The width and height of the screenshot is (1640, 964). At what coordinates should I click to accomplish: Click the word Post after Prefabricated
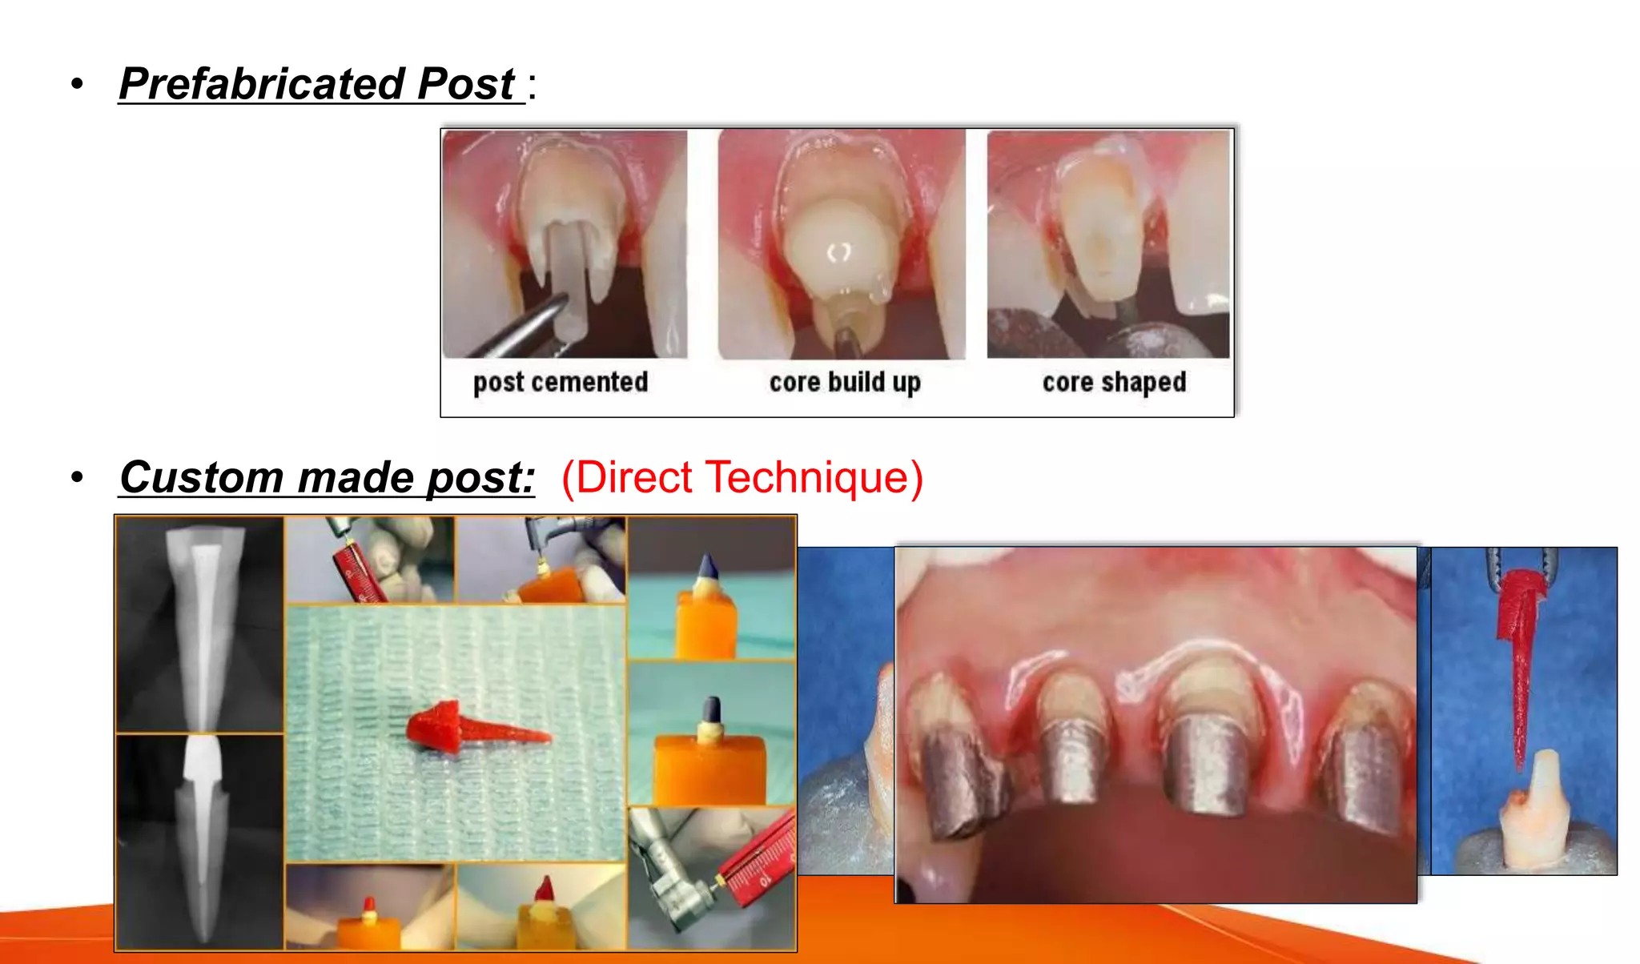point(466,84)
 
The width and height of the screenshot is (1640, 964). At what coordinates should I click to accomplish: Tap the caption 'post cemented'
point(561,383)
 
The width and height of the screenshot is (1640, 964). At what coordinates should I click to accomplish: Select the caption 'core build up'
point(845,383)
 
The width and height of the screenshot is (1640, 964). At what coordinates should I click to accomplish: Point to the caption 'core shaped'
point(1114,383)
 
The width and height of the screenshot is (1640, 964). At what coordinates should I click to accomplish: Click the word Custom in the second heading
point(200,477)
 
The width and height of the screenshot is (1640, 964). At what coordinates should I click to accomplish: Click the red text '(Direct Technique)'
point(742,477)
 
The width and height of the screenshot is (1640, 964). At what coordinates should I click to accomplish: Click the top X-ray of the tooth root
point(199,625)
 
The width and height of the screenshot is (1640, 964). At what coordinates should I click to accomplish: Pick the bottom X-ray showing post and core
point(199,841)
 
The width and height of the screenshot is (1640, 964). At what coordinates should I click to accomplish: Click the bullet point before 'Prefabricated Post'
point(77,84)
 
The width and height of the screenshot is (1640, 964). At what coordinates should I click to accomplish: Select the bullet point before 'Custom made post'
point(77,478)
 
